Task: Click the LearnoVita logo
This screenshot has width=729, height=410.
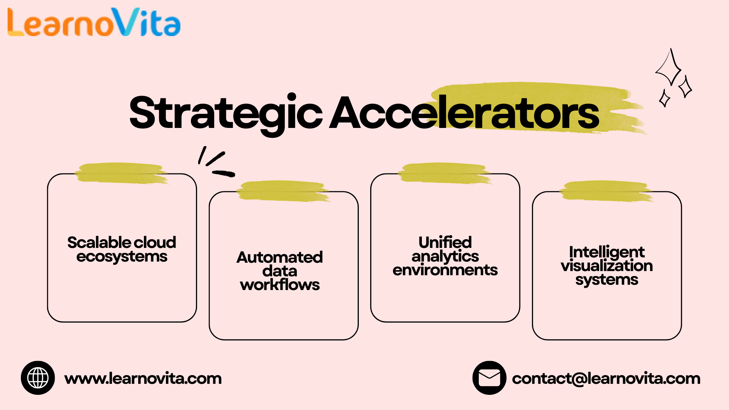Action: point(94,23)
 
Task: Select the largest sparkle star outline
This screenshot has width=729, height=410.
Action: point(669,68)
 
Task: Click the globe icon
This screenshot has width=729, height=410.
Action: point(38,378)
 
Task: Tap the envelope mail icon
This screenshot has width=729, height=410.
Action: point(489,378)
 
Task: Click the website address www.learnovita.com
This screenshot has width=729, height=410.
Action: point(143,378)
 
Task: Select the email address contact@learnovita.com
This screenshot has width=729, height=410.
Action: point(606,378)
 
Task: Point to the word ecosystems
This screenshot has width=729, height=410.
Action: point(122,257)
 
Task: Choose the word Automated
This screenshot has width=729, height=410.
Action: point(280,257)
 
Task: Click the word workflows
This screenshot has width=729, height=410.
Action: point(280,285)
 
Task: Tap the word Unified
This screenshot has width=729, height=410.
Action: point(445,242)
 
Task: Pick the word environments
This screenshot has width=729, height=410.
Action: point(445,270)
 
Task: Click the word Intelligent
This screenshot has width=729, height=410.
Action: point(607,252)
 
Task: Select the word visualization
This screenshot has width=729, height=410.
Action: point(607,266)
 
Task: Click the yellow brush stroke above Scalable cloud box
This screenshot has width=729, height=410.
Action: point(121,173)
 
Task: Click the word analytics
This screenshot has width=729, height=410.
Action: point(445,257)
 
